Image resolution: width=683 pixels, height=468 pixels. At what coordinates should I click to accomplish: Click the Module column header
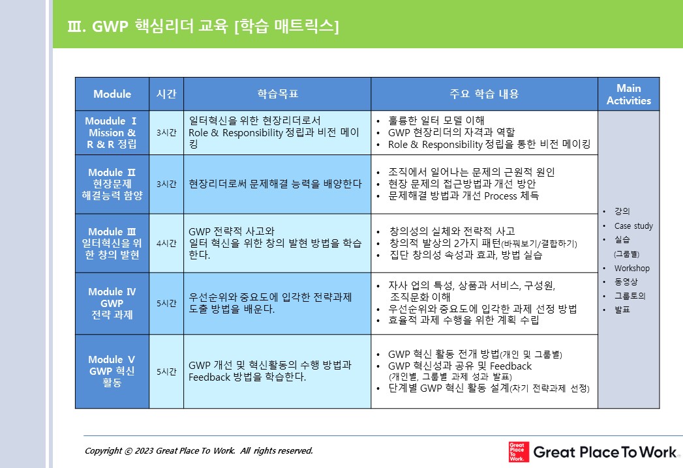point(112,94)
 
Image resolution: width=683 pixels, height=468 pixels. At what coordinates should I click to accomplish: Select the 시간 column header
point(166,94)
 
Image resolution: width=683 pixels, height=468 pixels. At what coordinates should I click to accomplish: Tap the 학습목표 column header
point(277,94)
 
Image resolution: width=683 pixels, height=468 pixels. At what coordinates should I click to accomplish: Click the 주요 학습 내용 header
point(485,94)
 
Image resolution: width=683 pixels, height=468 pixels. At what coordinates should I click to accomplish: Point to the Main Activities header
point(629,94)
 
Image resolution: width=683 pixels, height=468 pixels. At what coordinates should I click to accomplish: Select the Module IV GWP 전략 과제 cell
point(112,304)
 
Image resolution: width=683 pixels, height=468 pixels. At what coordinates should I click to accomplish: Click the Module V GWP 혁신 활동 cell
point(112,372)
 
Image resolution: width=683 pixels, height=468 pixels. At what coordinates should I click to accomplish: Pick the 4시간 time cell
point(166,243)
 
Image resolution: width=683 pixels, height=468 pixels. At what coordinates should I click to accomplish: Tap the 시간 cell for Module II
point(166,184)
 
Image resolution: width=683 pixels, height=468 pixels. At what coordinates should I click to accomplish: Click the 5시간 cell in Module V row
point(166,372)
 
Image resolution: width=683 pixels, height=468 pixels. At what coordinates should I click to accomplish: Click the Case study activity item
point(633,226)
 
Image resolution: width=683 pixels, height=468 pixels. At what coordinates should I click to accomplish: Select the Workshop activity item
point(631,268)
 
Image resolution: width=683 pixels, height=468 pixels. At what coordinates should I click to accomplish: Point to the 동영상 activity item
point(626,282)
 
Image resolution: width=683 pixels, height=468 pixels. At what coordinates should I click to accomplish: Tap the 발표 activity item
point(622,310)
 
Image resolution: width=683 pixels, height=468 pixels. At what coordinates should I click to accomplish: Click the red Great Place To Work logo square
point(519,452)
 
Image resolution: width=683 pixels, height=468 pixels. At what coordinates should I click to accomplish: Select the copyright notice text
point(198,450)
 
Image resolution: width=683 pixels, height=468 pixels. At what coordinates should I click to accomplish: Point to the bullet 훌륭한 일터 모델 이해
point(436,120)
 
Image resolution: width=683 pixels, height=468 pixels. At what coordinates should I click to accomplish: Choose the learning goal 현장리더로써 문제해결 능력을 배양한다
point(275,184)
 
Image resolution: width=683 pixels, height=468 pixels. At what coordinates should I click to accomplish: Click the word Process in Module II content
point(500,196)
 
